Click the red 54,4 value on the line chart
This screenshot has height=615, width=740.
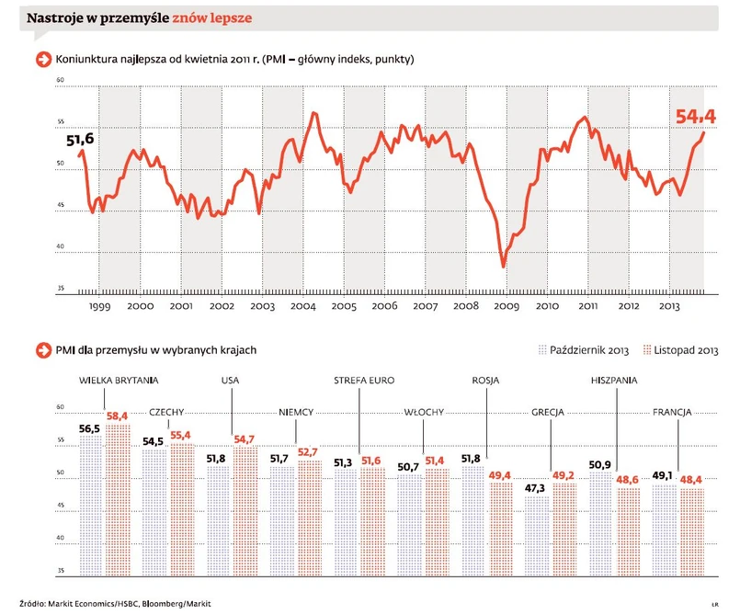click(696, 117)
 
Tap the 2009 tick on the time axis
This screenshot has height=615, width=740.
click(506, 306)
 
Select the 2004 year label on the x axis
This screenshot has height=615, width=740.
click(302, 306)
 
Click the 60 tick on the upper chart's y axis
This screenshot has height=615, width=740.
click(60, 81)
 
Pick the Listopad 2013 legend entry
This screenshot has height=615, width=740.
click(680, 350)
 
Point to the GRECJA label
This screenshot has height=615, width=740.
click(548, 413)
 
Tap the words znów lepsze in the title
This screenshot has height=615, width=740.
click(213, 17)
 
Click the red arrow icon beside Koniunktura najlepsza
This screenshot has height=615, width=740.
click(42, 60)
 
